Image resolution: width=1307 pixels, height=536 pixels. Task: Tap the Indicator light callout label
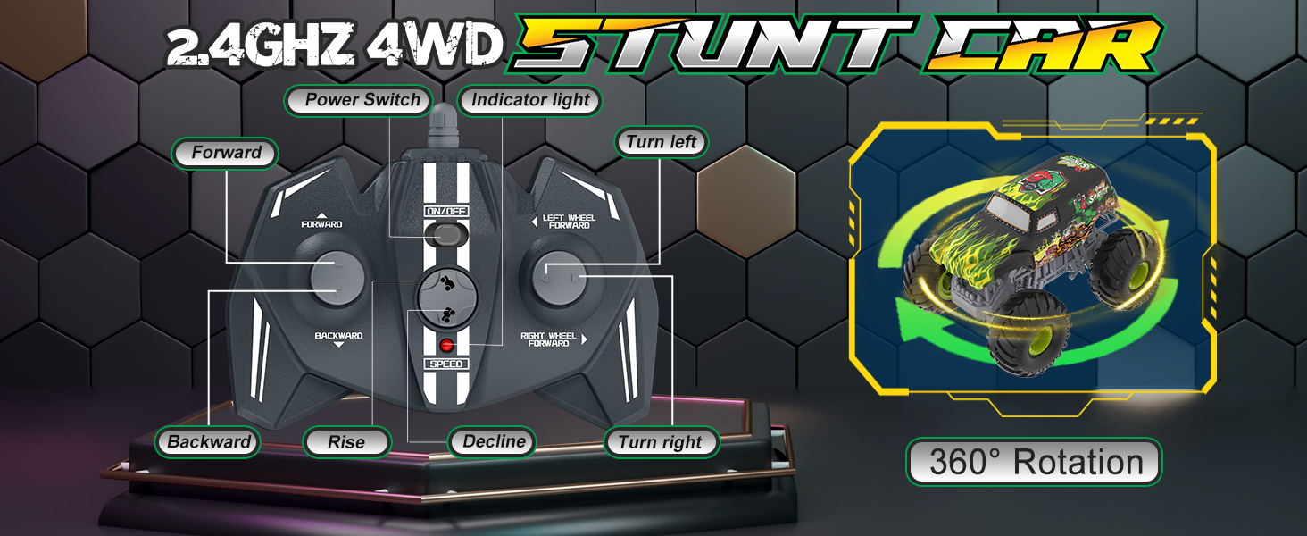(530, 100)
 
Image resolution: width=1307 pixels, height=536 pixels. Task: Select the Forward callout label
(226, 153)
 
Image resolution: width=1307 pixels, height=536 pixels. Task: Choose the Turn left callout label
(661, 142)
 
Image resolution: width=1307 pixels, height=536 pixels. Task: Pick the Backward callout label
(209, 441)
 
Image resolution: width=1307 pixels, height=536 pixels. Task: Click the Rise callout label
(346, 441)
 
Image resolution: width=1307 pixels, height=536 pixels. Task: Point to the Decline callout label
(494, 441)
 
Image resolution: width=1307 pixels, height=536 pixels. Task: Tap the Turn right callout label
(661, 442)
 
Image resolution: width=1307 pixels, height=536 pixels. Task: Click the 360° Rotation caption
(1036, 462)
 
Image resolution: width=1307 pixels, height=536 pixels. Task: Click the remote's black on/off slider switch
(445, 235)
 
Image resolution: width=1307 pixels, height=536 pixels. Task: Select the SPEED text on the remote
(445, 364)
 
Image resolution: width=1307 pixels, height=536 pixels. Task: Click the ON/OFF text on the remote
(445, 212)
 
